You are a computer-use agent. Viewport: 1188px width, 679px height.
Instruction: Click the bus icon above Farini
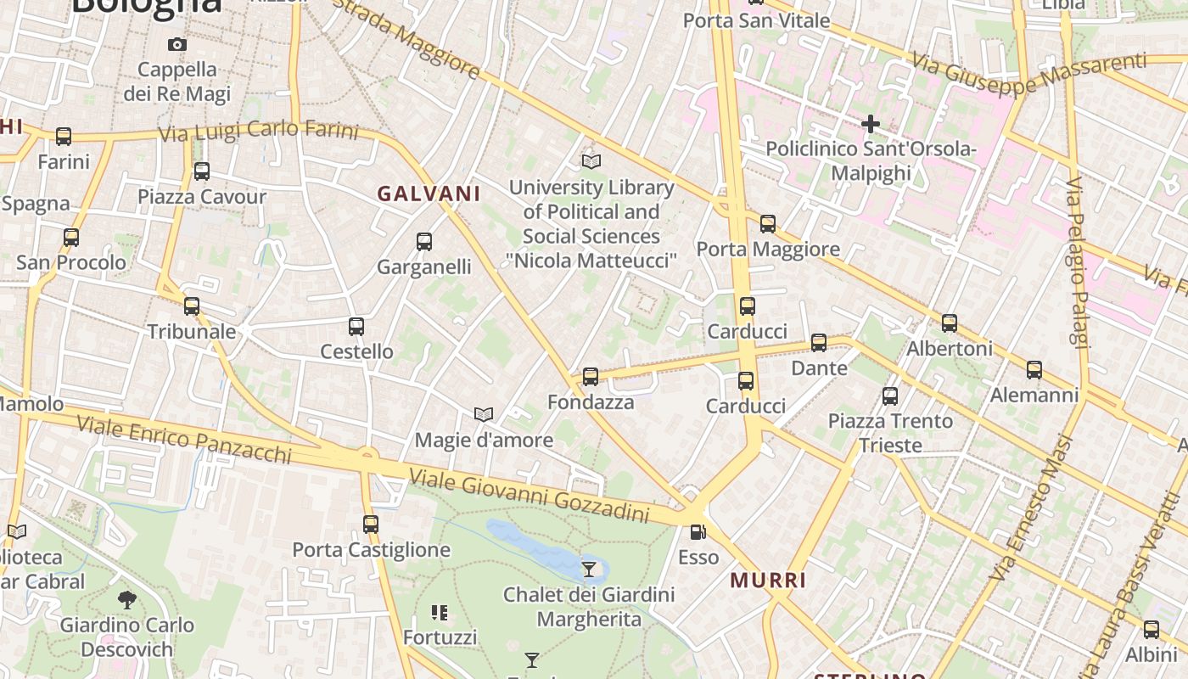pyautogui.click(x=64, y=136)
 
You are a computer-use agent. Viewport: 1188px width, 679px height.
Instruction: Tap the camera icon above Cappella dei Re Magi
pyautogui.click(x=177, y=44)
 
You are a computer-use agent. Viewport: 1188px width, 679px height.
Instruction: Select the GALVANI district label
pyautogui.click(x=429, y=194)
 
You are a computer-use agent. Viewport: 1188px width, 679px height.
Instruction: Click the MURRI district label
pyautogui.click(x=768, y=581)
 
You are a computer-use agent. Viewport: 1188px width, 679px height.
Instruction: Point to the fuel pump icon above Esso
pyautogui.click(x=698, y=532)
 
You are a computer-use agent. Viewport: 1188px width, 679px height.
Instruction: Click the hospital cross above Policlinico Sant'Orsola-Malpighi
pyautogui.click(x=870, y=124)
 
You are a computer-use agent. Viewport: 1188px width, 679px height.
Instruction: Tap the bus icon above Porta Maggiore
pyautogui.click(x=768, y=224)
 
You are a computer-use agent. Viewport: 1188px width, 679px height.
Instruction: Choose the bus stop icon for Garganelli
pyautogui.click(x=424, y=242)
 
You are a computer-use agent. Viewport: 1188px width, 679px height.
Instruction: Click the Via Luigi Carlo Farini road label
pyautogui.click(x=259, y=132)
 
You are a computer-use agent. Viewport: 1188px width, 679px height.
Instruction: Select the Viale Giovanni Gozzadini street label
pyautogui.click(x=529, y=497)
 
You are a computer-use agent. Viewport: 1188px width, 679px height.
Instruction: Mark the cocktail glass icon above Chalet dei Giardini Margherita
pyautogui.click(x=589, y=569)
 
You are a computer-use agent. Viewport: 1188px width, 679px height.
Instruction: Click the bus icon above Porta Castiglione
pyautogui.click(x=371, y=525)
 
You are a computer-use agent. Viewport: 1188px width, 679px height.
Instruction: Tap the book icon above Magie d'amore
pyautogui.click(x=484, y=415)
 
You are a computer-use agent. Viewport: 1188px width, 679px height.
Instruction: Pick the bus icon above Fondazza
pyautogui.click(x=591, y=376)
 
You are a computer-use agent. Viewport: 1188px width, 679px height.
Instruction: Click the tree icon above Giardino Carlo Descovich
pyautogui.click(x=127, y=600)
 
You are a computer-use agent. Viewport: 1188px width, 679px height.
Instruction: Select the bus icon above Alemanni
pyautogui.click(x=1034, y=370)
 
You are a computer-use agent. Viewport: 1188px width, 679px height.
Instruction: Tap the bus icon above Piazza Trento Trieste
pyautogui.click(x=890, y=396)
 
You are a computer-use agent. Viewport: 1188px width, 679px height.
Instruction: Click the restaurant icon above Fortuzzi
pyautogui.click(x=440, y=612)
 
